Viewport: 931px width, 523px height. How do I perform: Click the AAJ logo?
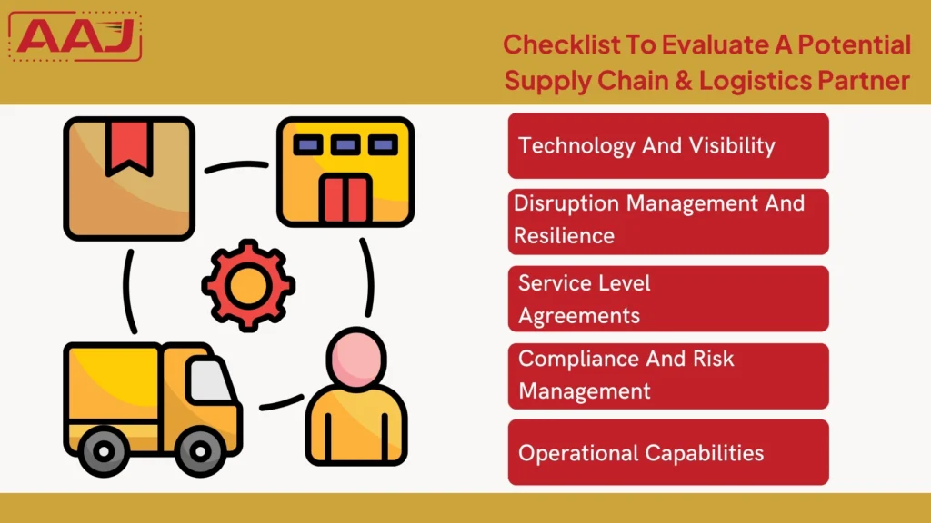coord(75,36)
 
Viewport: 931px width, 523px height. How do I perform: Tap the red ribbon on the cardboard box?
coord(129,149)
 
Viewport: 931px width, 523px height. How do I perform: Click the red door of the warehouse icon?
coord(345,197)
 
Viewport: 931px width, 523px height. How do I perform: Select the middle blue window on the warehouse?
coord(345,144)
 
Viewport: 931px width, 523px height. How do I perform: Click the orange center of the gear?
coord(248,285)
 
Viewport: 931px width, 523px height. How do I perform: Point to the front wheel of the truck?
coord(200,452)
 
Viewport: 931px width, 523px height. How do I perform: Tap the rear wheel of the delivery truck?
coord(104,452)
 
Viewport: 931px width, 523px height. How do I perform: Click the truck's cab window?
coord(209,380)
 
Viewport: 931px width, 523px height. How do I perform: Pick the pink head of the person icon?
coord(356,358)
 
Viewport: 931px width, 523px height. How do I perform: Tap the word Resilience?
coord(564,236)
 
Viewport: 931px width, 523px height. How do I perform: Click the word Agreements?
coord(579,316)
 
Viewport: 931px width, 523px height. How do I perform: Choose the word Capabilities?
coord(705,454)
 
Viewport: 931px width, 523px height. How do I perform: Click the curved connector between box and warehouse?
coord(236,165)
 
